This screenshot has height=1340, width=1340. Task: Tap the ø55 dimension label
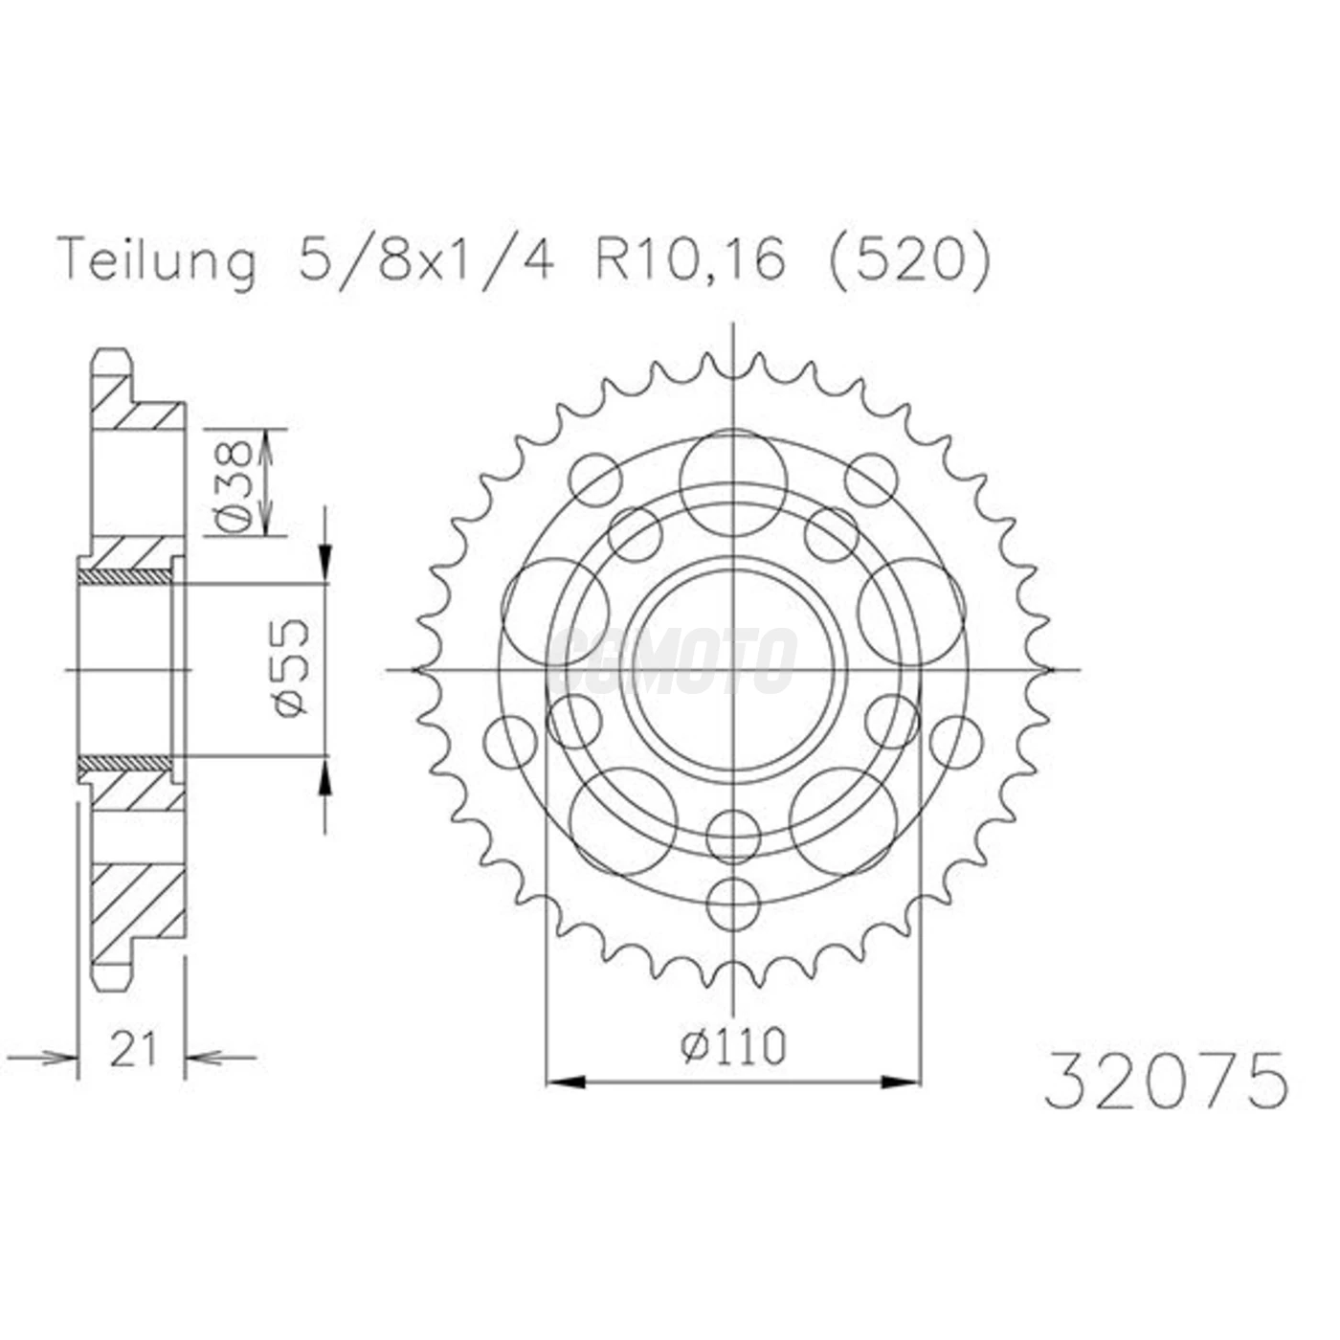(x=291, y=667)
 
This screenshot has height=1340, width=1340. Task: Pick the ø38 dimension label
(x=233, y=485)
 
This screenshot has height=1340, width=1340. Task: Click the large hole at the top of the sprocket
(x=733, y=481)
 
